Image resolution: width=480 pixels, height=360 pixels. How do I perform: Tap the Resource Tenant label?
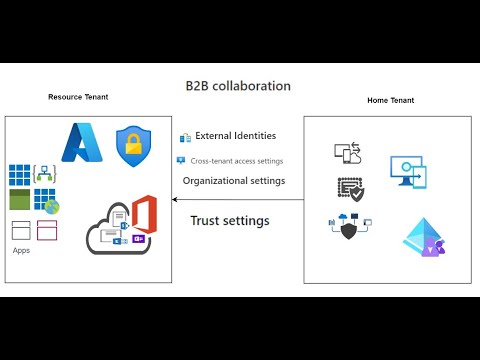[78, 97]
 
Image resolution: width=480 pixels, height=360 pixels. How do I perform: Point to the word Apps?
[21, 250]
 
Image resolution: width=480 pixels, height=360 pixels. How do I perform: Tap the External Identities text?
[235, 136]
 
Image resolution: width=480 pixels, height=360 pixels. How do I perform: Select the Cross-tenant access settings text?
[236, 160]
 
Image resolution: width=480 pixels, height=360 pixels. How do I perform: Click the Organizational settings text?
[233, 181]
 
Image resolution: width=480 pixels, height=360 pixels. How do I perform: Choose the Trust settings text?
[229, 220]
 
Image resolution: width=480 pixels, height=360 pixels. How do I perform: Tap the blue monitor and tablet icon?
[408, 172]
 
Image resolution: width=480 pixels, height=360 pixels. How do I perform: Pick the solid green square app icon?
[20, 200]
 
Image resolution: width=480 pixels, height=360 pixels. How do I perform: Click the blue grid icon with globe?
[47, 201]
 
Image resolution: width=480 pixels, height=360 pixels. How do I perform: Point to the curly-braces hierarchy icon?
[44, 173]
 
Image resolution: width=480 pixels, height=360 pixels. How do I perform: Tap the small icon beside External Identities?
[185, 137]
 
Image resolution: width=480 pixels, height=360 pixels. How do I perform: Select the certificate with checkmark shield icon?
[351, 190]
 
